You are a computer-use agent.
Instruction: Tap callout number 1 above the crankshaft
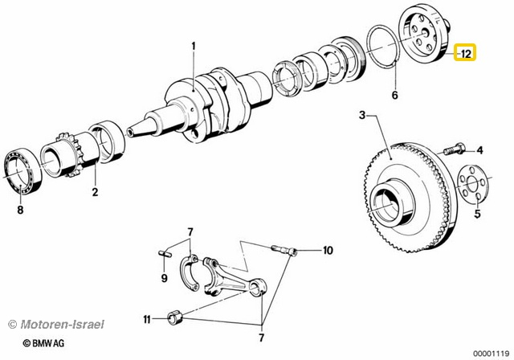[193, 46]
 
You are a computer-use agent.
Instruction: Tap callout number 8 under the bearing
[21, 211]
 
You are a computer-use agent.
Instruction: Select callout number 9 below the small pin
[164, 278]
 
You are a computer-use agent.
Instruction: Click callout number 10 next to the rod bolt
[327, 251]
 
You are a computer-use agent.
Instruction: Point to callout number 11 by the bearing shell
[147, 320]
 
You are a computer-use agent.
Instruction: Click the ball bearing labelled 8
[24, 170]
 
